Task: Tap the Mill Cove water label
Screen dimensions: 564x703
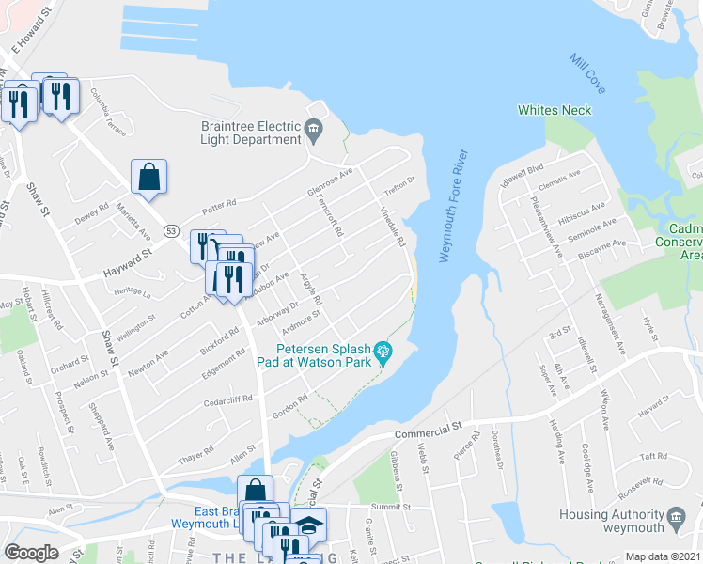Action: point(587,73)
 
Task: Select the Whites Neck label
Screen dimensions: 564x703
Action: point(555,110)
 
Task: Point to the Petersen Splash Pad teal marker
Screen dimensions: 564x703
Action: point(383,354)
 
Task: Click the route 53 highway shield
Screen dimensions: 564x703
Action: point(170,230)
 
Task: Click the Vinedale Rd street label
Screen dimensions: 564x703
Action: point(398,227)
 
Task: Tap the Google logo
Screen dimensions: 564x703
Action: point(31,553)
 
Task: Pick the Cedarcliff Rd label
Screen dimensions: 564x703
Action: point(229,400)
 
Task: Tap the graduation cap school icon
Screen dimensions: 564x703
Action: point(307,525)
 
